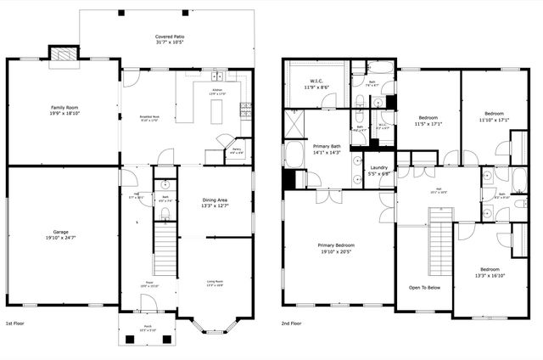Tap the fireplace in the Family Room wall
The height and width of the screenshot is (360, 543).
(x=63, y=53)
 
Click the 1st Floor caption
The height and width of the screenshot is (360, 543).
(x=16, y=323)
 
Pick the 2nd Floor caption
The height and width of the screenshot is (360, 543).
(x=292, y=323)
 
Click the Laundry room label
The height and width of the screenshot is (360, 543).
(x=378, y=167)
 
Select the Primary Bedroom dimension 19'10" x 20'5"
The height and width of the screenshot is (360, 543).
(x=338, y=252)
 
